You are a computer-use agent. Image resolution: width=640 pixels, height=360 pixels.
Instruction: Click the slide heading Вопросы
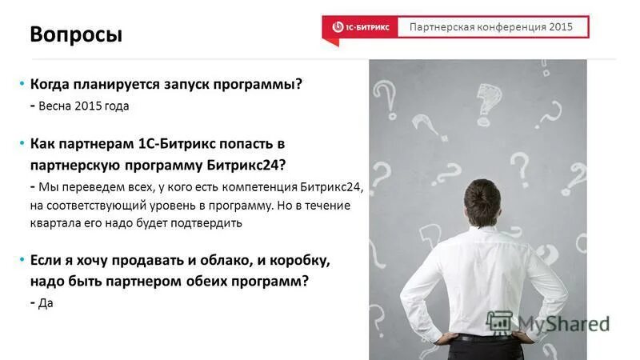point(76,35)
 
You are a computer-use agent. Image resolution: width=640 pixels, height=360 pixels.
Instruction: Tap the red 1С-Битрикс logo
point(361,27)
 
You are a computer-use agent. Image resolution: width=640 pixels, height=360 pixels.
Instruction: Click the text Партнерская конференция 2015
point(491,27)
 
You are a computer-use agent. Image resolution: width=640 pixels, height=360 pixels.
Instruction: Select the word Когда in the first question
point(52,84)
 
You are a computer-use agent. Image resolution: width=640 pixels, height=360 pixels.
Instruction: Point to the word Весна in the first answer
point(55,106)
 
